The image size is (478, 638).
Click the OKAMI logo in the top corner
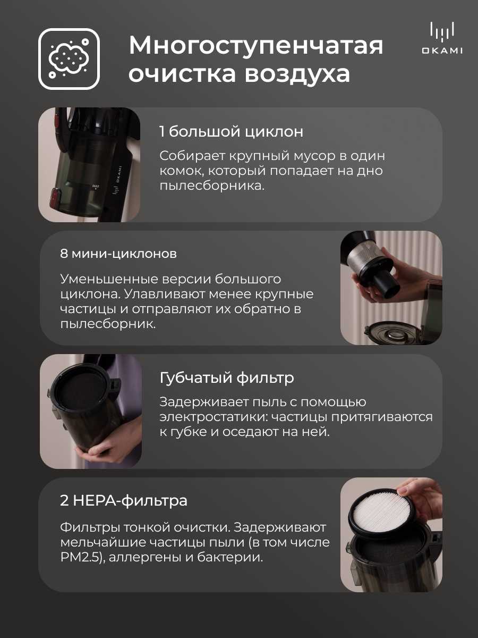pos(442,38)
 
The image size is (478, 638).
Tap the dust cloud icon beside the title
pos(69,58)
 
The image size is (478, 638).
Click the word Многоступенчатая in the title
pos(256,46)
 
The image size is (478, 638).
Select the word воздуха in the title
pos(297,75)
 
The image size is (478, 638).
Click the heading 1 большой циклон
pos(232,132)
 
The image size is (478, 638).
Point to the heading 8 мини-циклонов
pos(118,254)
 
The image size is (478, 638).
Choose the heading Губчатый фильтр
pos(227,378)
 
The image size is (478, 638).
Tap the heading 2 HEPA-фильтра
pos(124,501)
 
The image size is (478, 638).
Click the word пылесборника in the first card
pos(212,186)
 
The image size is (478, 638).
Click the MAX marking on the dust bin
pos(96,186)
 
